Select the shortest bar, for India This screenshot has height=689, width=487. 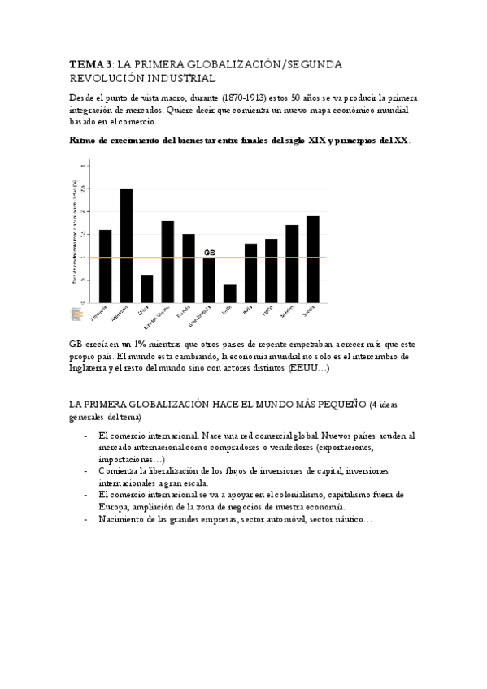coord(230,293)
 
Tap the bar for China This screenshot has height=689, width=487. coord(147,288)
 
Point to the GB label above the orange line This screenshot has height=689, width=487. coord(209,253)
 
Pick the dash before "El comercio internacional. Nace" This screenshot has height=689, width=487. coord(86,436)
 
